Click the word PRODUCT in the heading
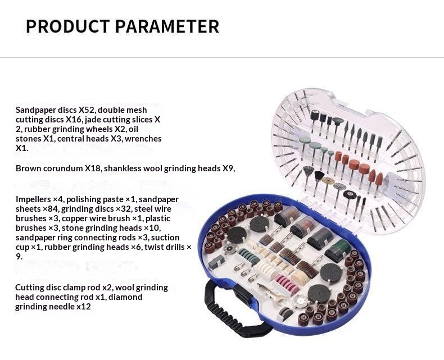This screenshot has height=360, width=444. point(67,26)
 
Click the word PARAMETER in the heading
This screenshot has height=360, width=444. point(167,26)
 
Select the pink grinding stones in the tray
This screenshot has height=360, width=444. point(287,285)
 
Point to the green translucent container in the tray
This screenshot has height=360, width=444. point(338,250)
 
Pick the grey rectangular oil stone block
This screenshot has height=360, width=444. point(216,262)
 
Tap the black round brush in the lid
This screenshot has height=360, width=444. point(350,195)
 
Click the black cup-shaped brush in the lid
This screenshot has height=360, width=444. point(320,175)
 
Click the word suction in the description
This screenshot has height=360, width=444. point(166,238)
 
